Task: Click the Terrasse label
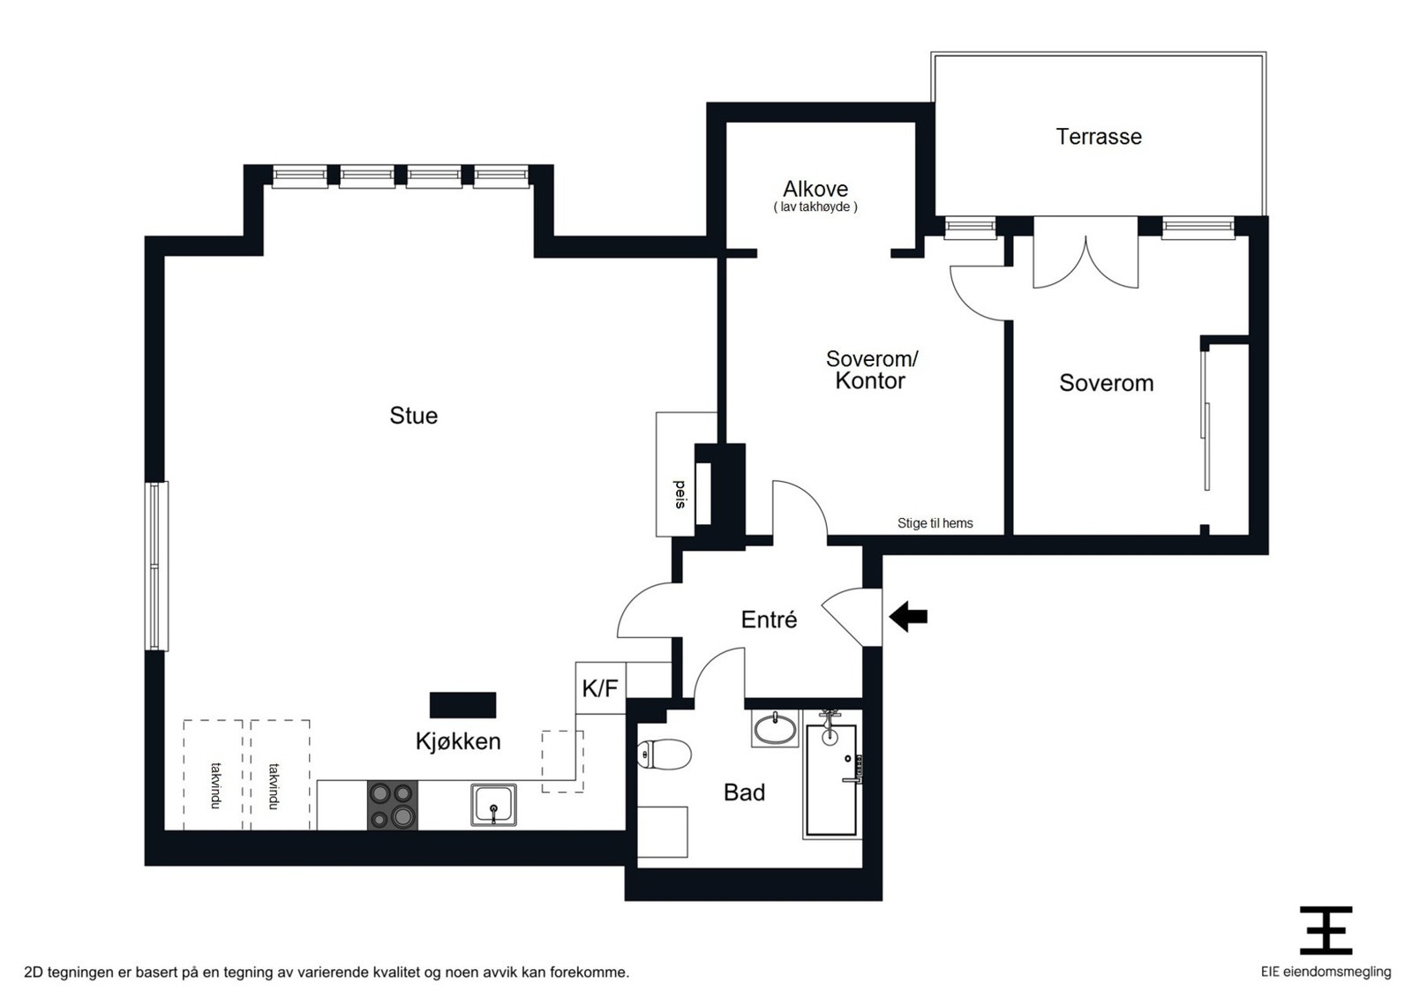(x=1099, y=136)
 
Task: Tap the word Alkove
(x=815, y=189)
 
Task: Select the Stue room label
(x=414, y=416)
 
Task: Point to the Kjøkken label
(x=458, y=741)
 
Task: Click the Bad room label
(x=745, y=792)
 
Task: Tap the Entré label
(x=769, y=620)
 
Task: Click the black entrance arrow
(x=908, y=616)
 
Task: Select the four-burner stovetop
(x=392, y=805)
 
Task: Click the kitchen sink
(x=493, y=805)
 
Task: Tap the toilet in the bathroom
(x=664, y=755)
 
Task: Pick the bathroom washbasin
(x=775, y=729)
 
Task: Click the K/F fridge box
(x=600, y=688)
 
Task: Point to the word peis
(x=680, y=494)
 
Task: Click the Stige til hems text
(x=935, y=523)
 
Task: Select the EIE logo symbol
(x=1326, y=930)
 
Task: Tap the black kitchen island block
(x=462, y=705)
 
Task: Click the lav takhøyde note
(x=815, y=207)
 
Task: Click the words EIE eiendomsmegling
(x=1326, y=972)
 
